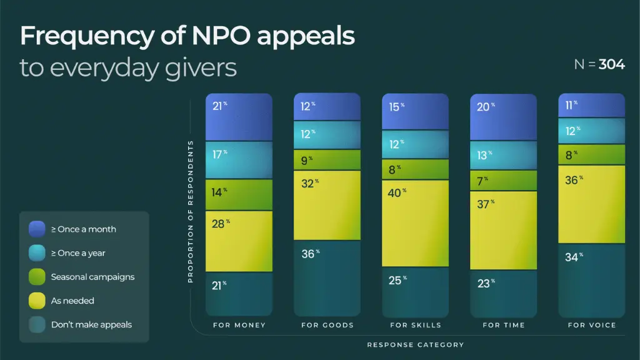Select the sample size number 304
tap(611, 64)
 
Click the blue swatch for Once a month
tap(37, 229)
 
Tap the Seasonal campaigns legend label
tap(92, 277)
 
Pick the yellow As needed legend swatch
tap(37, 301)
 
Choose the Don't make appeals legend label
tap(91, 324)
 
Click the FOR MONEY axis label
tap(239, 325)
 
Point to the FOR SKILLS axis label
tap(415, 325)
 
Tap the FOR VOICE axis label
tap(591, 325)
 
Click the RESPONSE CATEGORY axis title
tap(415, 344)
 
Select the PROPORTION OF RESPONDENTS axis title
tap(191, 212)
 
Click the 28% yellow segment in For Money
tap(239, 241)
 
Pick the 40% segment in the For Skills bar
tap(415, 223)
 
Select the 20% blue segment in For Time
tap(503, 117)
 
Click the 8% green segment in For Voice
tap(591, 154)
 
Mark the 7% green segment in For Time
tap(503, 181)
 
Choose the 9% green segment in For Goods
tap(327, 160)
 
